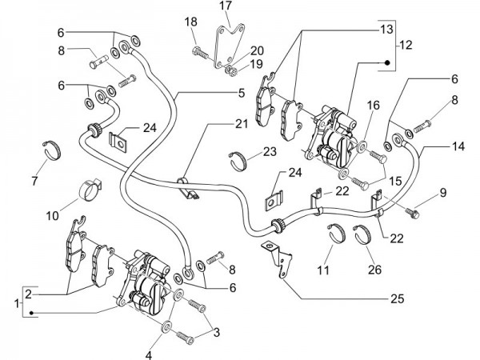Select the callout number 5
click(239, 94)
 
